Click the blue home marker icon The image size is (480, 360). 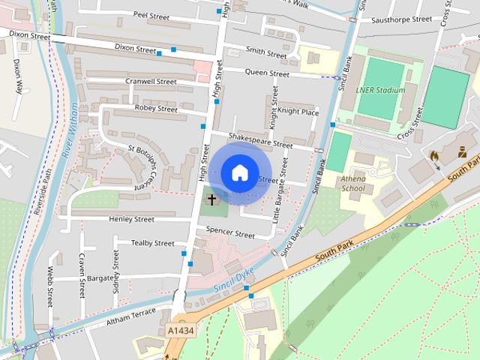click(x=238, y=172)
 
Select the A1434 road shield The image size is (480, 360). click(x=179, y=330)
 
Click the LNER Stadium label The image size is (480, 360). click(x=380, y=90)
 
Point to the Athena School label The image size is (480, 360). click(x=353, y=184)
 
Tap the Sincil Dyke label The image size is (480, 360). click(x=234, y=280)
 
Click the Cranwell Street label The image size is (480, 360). click(x=151, y=82)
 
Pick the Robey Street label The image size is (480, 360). click(x=156, y=109)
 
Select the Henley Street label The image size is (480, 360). click(x=131, y=219)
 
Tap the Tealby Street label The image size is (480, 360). click(x=152, y=243)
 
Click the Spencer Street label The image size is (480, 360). click(x=230, y=233)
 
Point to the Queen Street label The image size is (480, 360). click(x=268, y=74)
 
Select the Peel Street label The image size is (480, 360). click(x=151, y=14)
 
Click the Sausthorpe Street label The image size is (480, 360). click(x=401, y=19)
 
